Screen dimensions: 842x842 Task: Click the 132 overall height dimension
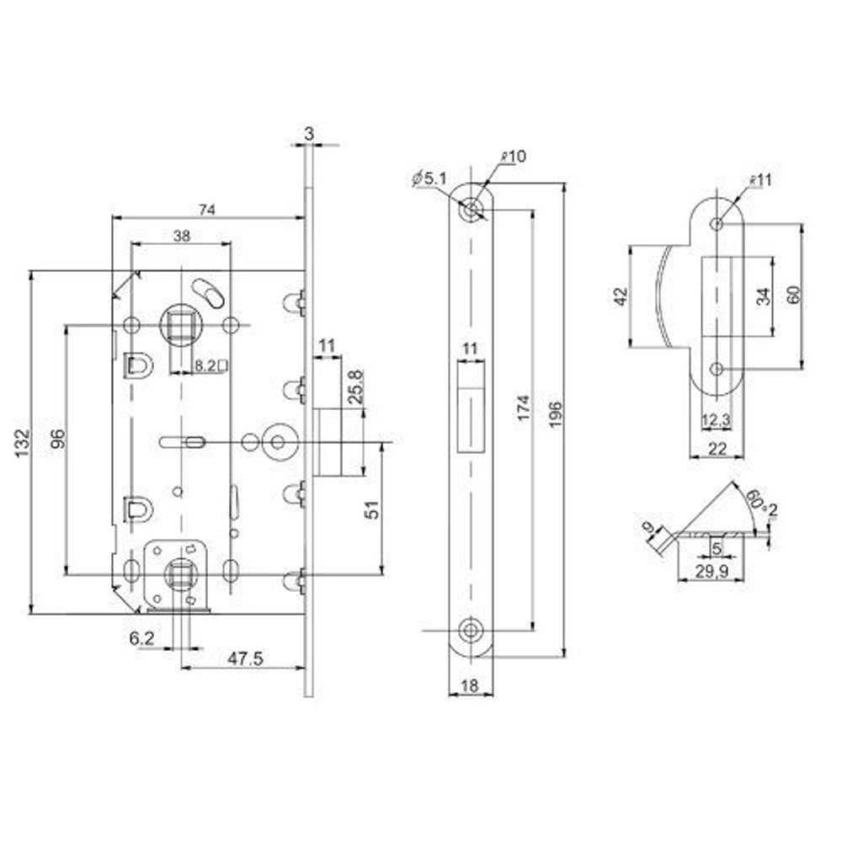pyautogui.click(x=23, y=440)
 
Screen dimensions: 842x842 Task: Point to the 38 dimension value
pyautogui.click(x=181, y=237)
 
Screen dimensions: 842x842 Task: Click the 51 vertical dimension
pyautogui.click(x=376, y=508)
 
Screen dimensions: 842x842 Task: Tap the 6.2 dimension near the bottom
pyautogui.click(x=141, y=640)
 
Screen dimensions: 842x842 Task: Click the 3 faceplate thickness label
pyautogui.click(x=309, y=132)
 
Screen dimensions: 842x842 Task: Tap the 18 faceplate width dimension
pyautogui.click(x=470, y=686)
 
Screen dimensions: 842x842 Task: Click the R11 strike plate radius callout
pyautogui.click(x=759, y=180)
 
